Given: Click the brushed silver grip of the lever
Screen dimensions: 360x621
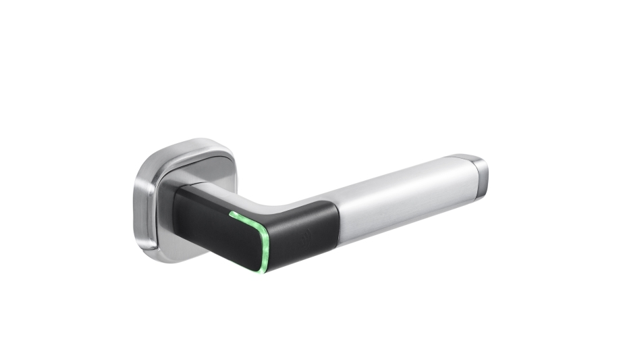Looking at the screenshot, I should point(405,196).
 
